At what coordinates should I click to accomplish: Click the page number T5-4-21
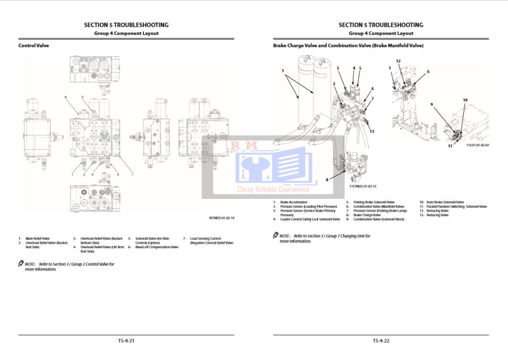126,340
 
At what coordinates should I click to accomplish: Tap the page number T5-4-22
381,340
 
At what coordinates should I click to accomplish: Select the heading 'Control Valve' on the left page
34,45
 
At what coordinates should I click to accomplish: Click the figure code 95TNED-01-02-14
221,218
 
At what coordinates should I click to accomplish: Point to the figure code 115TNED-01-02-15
363,186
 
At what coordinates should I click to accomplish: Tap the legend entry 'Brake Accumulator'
294,202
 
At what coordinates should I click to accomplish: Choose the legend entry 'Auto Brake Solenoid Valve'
445,202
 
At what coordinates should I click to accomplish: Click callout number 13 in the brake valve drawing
372,131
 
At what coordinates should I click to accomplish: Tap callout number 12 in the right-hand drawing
398,61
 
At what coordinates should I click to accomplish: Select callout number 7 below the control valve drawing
133,174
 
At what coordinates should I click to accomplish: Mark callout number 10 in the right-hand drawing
465,100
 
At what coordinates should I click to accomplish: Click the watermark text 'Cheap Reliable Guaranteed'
273,189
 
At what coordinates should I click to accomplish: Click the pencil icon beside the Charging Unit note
276,235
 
